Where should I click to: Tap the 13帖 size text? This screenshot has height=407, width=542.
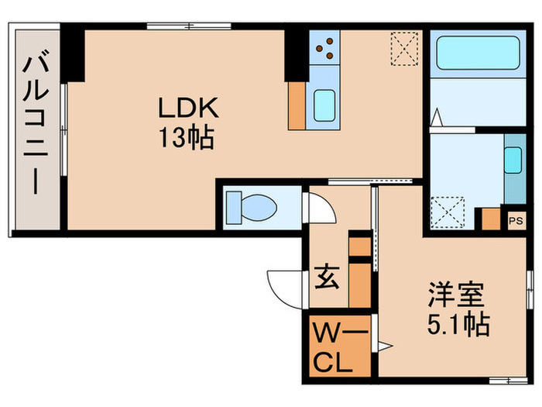(187, 139)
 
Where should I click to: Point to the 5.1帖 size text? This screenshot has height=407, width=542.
(459, 323)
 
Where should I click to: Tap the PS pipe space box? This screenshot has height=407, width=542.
(515, 220)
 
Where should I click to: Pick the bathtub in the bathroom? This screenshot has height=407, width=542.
(476, 52)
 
